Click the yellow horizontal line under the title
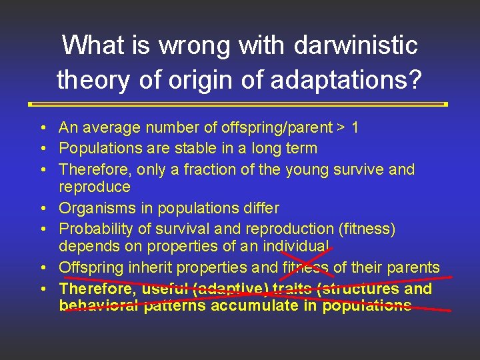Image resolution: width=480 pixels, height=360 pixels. pos(239,104)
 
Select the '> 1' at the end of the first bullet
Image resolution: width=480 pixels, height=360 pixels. pos(347,127)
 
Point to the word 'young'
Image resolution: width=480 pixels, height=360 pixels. pos(307,169)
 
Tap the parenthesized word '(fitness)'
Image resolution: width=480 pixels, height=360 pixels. pos(367,229)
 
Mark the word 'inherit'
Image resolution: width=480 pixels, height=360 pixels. pos(148,268)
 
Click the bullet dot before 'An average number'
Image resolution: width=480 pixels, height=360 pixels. pos(42,127)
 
